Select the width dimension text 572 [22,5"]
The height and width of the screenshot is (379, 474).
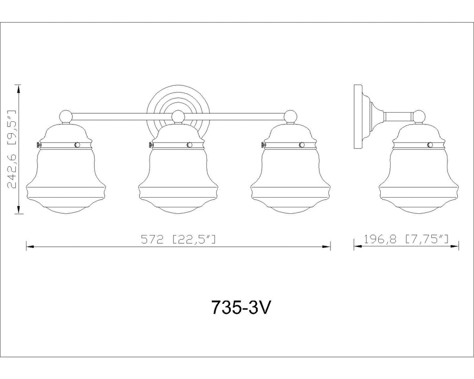(179, 239)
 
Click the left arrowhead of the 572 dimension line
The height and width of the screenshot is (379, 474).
(30, 246)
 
